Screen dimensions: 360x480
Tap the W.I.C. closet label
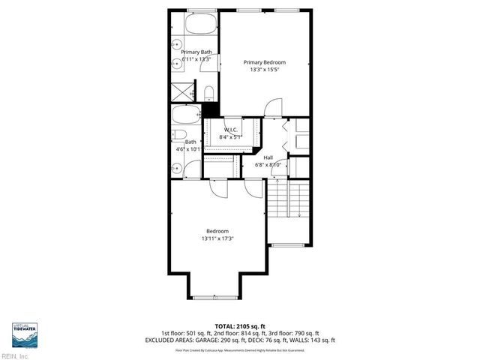click(230, 130)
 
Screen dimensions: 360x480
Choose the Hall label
click(268, 157)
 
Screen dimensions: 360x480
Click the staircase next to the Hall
click(289, 199)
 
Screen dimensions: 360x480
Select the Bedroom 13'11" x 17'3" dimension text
click(217, 238)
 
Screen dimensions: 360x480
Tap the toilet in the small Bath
click(180, 135)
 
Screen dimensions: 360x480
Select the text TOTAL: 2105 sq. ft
click(239, 326)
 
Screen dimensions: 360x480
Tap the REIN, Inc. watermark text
click(15, 356)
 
